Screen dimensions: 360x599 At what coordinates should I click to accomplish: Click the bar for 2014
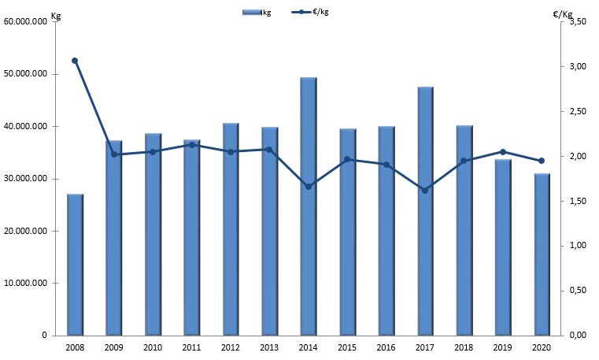tap(309, 236)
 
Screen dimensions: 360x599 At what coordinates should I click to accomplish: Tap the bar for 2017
tap(425, 236)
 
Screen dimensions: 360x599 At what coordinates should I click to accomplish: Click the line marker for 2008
tap(75, 61)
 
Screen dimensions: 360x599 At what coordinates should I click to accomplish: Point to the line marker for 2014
tap(309, 187)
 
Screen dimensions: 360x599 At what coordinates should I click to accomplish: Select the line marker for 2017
tap(425, 191)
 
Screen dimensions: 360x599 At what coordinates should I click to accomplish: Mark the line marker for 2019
tap(503, 152)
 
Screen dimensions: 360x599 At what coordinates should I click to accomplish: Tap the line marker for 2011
tap(191, 145)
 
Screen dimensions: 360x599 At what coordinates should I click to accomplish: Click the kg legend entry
tap(257, 13)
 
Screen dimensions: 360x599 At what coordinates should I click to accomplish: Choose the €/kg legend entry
tap(311, 13)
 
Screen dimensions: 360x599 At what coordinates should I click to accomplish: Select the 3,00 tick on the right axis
tap(578, 67)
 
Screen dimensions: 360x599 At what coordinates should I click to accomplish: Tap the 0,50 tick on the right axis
tap(578, 291)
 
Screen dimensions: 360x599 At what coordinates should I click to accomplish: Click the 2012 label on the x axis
tap(231, 347)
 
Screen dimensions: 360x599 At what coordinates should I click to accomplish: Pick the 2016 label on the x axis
tap(386, 347)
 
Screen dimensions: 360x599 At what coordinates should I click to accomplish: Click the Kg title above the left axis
tap(55, 16)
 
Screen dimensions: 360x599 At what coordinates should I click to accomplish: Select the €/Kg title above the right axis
tap(563, 14)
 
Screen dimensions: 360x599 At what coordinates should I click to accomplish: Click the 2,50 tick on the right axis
tap(578, 112)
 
